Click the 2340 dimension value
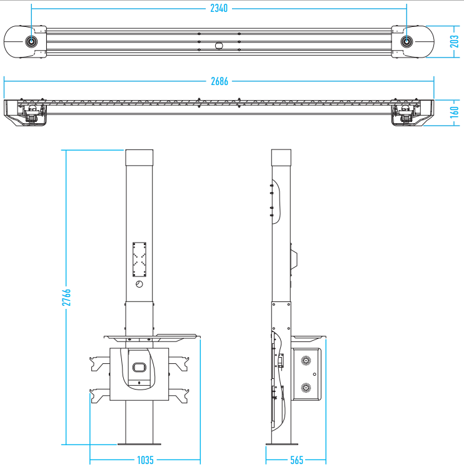click(x=219, y=8)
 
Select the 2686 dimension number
click(x=219, y=81)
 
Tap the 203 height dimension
click(x=454, y=41)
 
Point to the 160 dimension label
click(x=454, y=112)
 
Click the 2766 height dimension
click(x=66, y=297)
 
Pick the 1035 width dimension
click(x=145, y=460)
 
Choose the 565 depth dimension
click(x=296, y=460)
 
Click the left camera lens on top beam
click(x=31, y=41)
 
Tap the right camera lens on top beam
click(x=406, y=41)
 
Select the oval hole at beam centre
click(x=219, y=46)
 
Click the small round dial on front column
click(x=139, y=284)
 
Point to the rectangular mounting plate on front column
click(x=139, y=260)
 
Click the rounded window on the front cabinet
click(x=139, y=367)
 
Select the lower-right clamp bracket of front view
click(x=179, y=396)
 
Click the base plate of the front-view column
click(x=139, y=444)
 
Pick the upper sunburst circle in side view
click(x=306, y=361)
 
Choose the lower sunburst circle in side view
click(x=306, y=388)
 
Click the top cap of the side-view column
click(x=281, y=158)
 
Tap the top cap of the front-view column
click(x=139, y=158)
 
